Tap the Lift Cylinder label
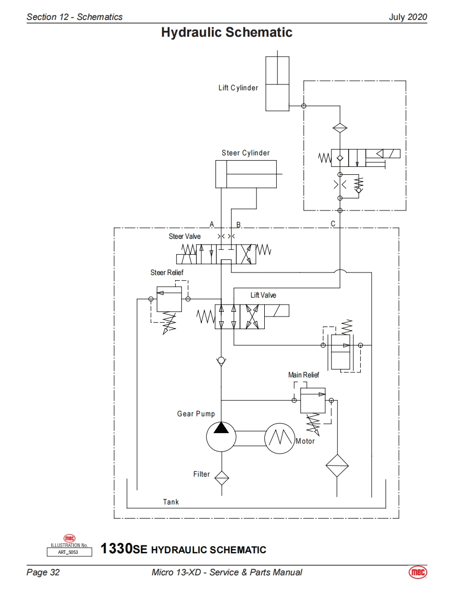[x=238, y=88]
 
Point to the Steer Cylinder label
[x=245, y=153]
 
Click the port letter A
[x=212, y=224]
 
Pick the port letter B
[x=239, y=224]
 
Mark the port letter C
[x=333, y=224]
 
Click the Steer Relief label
[x=167, y=272]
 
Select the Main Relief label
[x=303, y=375]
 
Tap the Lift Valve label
[x=263, y=295]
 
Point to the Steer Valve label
[x=185, y=236]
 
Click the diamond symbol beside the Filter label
[x=221, y=477]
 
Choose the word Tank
[x=171, y=502]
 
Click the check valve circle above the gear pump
[x=221, y=361]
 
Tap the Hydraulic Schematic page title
[x=226, y=33]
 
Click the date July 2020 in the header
[x=407, y=17]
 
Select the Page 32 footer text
[x=43, y=572]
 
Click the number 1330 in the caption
[x=116, y=549]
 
